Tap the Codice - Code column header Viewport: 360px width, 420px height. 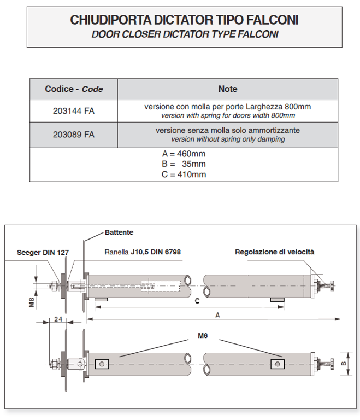point(74,89)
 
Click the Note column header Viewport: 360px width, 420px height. point(227,89)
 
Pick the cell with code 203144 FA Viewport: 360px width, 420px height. point(74,110)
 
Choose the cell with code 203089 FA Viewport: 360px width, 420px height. point(74,135)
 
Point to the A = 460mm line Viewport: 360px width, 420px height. point(180,154)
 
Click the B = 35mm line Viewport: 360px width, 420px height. point(180,164)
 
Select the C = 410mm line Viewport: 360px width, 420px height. point(180,174)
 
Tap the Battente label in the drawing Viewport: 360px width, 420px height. point(119,232)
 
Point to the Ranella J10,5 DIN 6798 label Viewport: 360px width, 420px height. point(143,252)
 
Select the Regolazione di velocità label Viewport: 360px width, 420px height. point(275,252)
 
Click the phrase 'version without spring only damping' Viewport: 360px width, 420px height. point(227,139)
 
